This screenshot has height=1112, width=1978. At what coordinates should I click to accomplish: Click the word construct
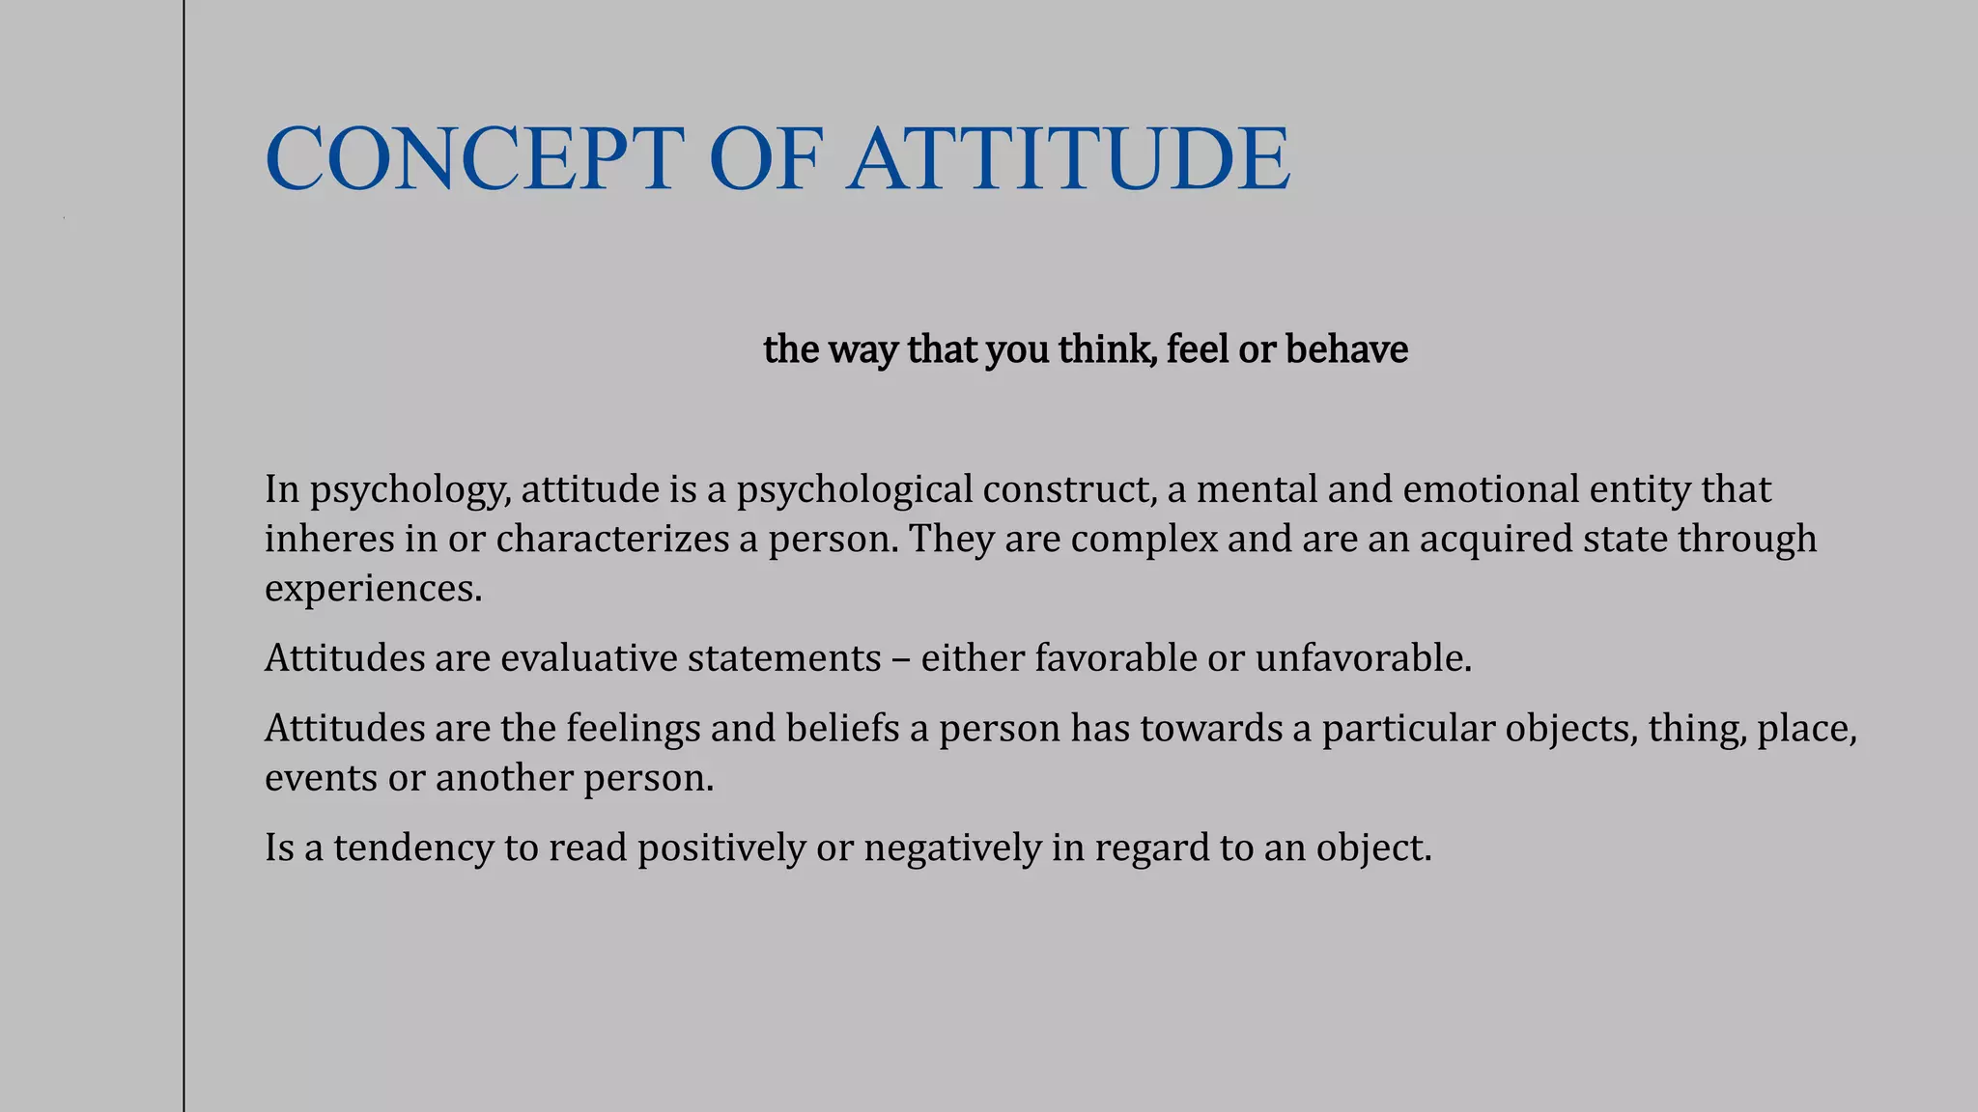click(1070, 488)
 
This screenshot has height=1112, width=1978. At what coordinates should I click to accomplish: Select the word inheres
click(329, 539)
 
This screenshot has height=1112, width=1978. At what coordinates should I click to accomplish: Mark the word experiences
click(373, 589)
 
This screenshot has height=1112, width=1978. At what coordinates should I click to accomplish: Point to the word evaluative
click(589, 658)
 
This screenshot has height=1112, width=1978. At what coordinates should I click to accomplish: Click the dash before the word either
click(900, 659)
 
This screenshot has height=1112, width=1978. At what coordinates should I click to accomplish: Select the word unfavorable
click(1363, 658)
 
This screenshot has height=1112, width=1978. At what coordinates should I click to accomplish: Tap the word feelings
click(633, 729)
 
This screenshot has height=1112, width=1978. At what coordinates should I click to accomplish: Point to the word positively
click(721, 848)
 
